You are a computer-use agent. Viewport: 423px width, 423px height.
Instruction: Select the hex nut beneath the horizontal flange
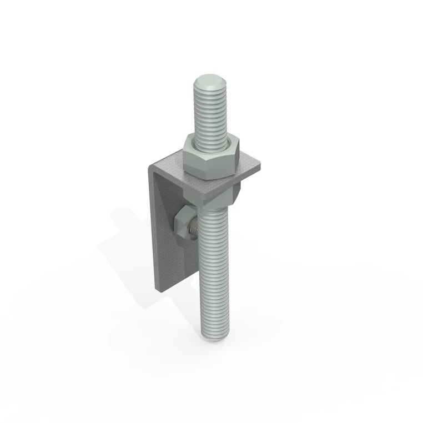[236, 193]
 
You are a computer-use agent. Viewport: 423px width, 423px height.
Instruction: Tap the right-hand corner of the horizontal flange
[260, 166]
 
